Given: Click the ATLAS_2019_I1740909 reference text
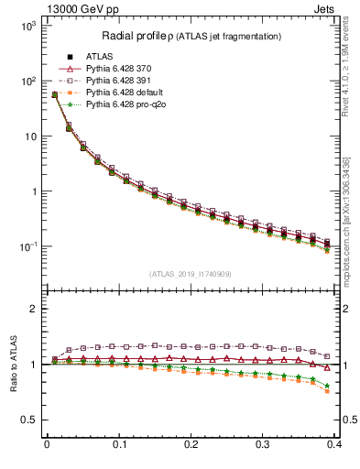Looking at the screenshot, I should (x=191, y=275).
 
